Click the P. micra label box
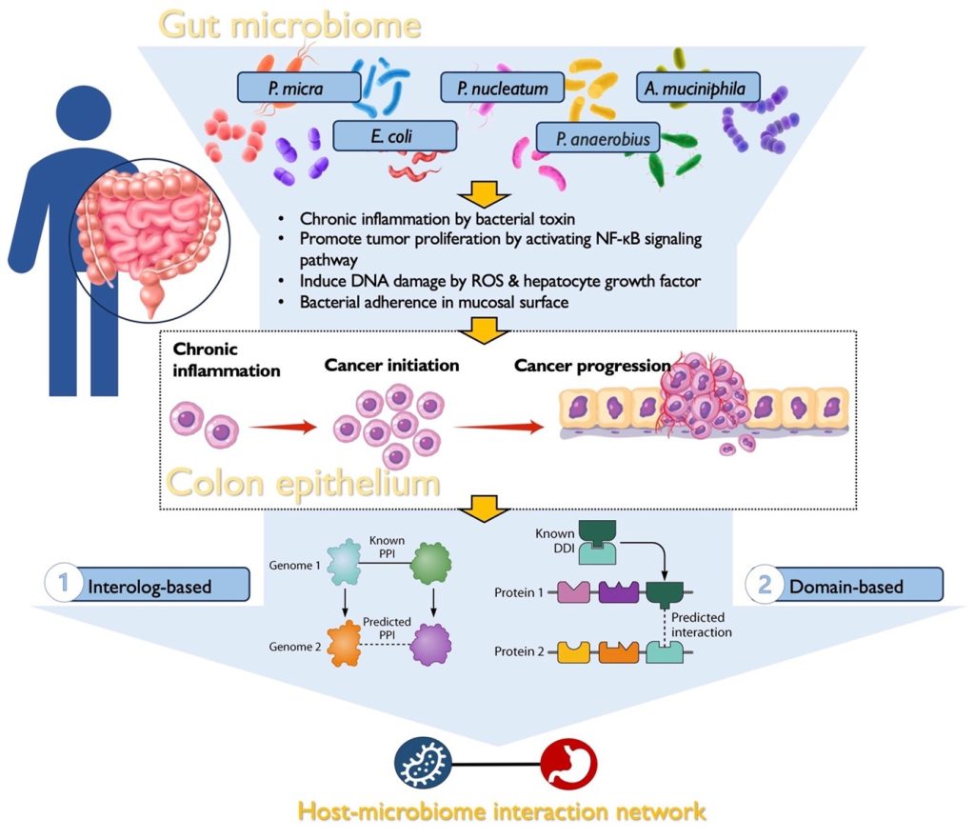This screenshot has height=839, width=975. pyautogui.click(x=298, y=89)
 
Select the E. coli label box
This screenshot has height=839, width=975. pyautogui.click(x=395, y=135)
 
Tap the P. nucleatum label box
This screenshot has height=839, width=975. pyautogui.click(x=502, y=88)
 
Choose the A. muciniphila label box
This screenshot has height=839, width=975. pyautogui.click(x=698, y=89)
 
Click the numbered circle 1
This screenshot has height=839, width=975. pyautogui.click(x=63, y=583)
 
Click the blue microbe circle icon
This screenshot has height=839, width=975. pyautogui.click(x=421, y=764)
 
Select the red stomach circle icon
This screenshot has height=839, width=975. pyautogui.click(x=567, y=764)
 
